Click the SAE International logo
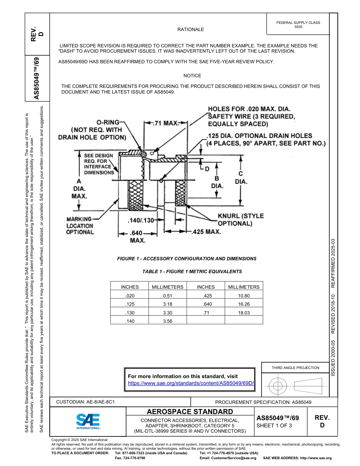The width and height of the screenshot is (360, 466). tap(88, 421)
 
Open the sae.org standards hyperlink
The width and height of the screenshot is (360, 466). tap(191, 383)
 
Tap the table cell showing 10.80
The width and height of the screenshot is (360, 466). tap(244, 296)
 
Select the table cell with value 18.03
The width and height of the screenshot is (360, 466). tap(244, 313)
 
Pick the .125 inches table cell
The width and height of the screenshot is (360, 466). tap(130, 304)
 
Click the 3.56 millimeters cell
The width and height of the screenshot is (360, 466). tap(167, 321)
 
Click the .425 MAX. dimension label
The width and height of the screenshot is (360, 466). tap(206, 231)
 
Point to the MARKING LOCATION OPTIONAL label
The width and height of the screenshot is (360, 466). tap(80, 225)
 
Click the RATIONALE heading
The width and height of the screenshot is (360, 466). tap(191, 30)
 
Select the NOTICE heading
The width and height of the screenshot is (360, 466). tap(192, 76)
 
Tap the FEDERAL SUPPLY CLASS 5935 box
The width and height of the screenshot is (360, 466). tap(298, 25)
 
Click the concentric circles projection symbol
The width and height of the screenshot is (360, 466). tap(278, 386)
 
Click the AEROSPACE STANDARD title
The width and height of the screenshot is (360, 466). tap(190, 412)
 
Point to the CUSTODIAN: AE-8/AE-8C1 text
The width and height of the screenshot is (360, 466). tap(85, 402)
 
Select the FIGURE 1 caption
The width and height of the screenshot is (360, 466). tap(186, 259)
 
